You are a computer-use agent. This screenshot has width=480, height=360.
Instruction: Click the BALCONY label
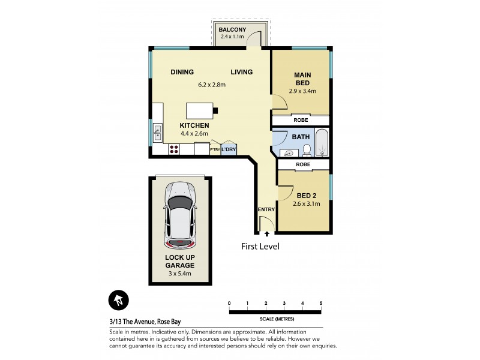pyautogui.click(x=233, y=29)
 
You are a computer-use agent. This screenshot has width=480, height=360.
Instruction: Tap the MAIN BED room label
pyautogui.click(x=301, y=75)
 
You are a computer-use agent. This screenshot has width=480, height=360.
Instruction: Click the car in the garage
pyautogui.click(x=179, y=216)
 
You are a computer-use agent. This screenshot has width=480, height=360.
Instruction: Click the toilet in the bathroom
pyautogui.click(x=306, y=149)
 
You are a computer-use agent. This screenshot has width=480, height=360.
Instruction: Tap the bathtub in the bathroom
pyautogui.click(x=322, y=143)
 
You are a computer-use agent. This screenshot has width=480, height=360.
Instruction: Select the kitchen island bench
pyautogui.click(x=200, y=111)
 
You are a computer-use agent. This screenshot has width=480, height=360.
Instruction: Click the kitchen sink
pyautogui.click(x=157, y=131)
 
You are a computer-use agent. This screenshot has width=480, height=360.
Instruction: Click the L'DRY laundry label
pyautogui.click(x=229, y=149)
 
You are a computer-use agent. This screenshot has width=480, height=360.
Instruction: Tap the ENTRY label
pyautogui.click(x=266, y=209)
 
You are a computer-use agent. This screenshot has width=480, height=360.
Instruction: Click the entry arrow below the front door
pyautogui.click(x=266, y=233)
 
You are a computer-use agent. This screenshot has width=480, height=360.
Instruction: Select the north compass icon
pyautogui.click(x=118, y=299)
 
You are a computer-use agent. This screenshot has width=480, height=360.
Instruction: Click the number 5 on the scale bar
pyautogui.click(x=321, y=304)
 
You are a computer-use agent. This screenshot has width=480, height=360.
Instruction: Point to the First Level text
pyautogui.click(x=260, y=247)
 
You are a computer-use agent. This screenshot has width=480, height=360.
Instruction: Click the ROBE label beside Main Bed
pyautogui.click(x=301, y=120)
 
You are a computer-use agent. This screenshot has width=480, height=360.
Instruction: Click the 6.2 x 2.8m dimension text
pyautogui.click(x=212, y=85)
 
